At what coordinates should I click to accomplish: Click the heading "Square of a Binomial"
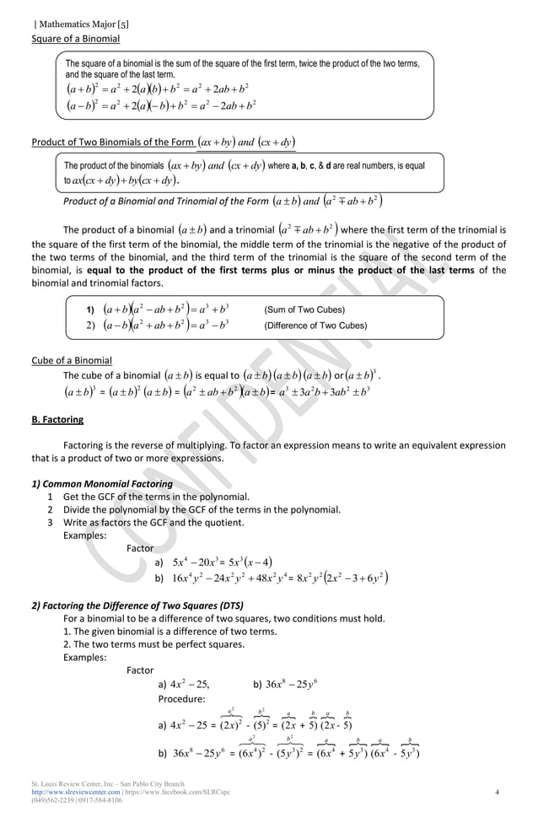(75, 39)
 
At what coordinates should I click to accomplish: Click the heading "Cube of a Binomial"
(71, 361)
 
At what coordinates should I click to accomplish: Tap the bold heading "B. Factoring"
(57, 419)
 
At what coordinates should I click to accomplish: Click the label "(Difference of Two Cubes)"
(315, 325)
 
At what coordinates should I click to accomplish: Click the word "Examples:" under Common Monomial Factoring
(85, 535)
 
